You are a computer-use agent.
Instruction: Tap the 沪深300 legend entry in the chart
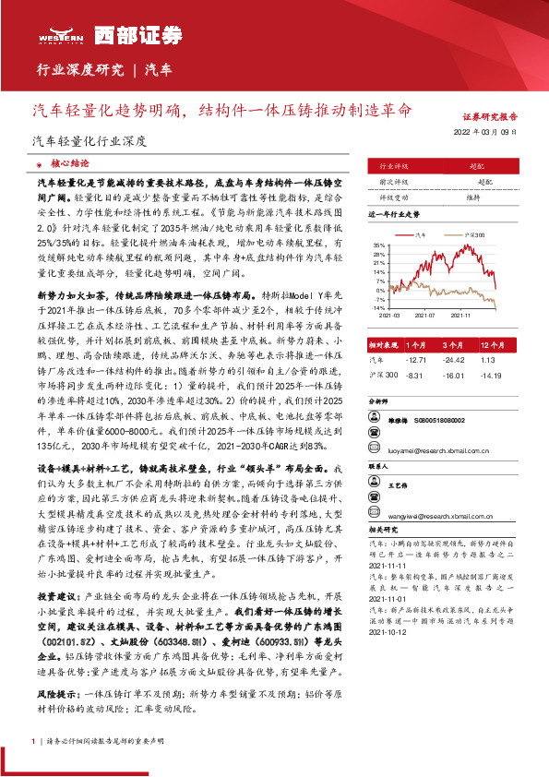coord(473,235)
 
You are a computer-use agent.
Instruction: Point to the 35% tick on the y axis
coord(379,245)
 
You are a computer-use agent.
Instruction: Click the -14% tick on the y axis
coord(378,305)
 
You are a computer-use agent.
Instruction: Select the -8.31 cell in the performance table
coord(413,375)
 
